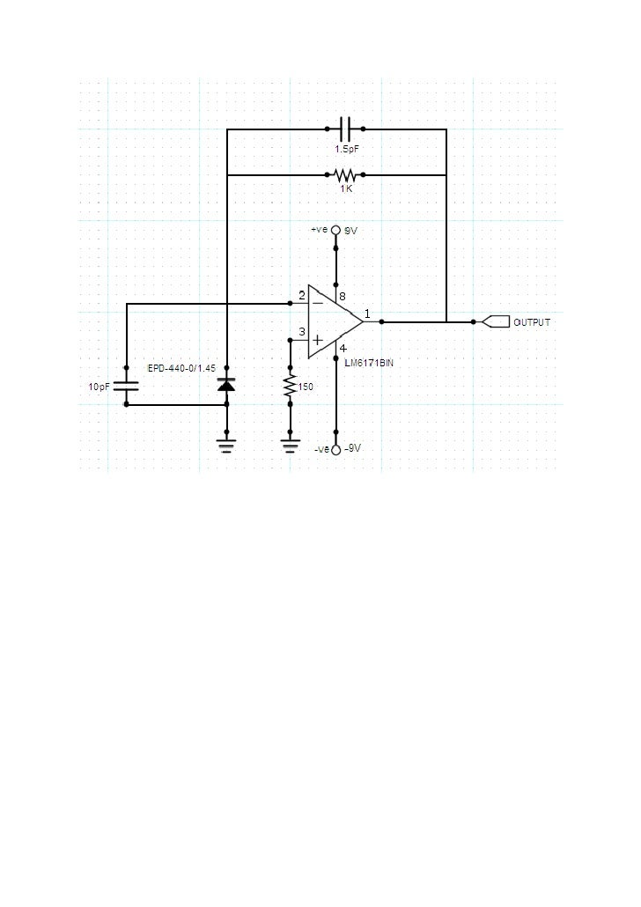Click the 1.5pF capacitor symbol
tap(345, 129)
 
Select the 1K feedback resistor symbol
tap(345, 174)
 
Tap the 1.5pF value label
tap(346, 149)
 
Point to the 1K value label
tap(346, 188)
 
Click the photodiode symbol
tap(227, 385)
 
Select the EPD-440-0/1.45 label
tap(181, 367)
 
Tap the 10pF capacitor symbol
tap(127, 386)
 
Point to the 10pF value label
tap(99, 387)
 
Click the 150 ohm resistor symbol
tap(290, 386)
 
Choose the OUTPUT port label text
tap(532, 322)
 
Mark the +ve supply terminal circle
tap(335, 230)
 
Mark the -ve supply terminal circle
tap(335, 448)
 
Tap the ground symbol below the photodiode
tap(227, 446)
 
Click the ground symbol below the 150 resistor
tap(290, 446)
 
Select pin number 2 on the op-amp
tap(302, 293)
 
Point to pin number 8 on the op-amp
tap(343, 296)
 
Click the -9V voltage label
tap(352, 448)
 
